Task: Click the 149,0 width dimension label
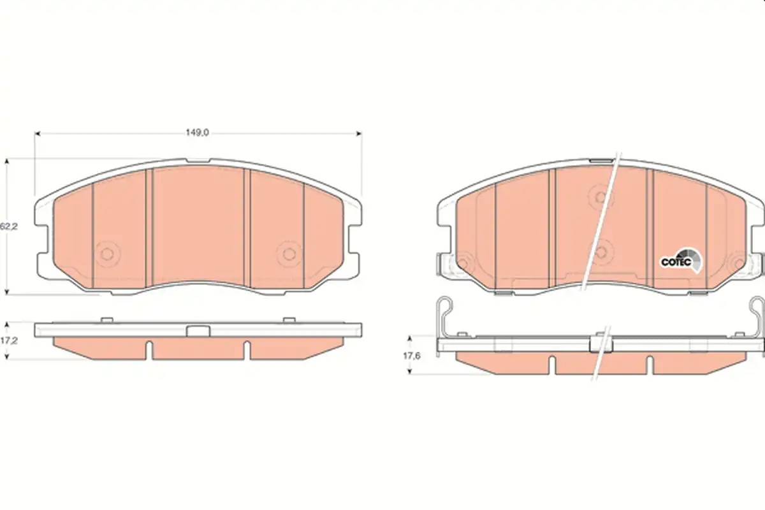(x=197, y=133)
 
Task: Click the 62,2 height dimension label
(x=8, y=226)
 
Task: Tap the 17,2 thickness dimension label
(x=9, y=340)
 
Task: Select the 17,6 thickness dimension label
(x=412, y=356)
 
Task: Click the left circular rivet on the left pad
(x=107, y=254)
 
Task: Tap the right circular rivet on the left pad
(x=289, y=254)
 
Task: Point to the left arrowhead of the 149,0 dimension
(x=37, y=133)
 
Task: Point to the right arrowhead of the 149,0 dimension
(x=359, y=133)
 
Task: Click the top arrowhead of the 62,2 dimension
(x=6, y=161)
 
